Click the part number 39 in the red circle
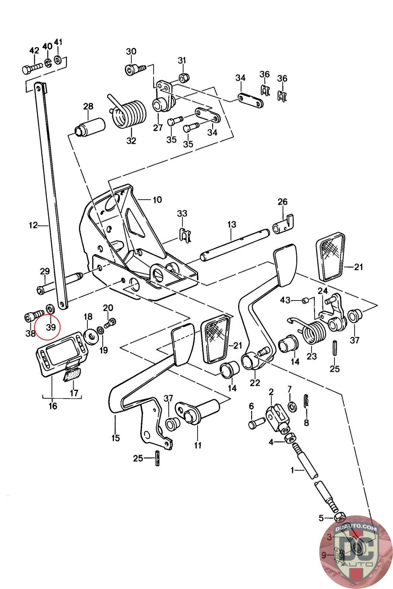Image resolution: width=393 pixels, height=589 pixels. [51, 327]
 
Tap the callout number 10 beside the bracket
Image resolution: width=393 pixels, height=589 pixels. [157, 200]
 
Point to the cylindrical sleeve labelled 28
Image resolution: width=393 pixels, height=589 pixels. [90, 127]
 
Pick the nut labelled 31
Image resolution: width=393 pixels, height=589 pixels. [183, 78]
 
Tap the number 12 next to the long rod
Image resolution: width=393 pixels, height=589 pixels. [33, 225]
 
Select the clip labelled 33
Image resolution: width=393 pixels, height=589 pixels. [186, 234]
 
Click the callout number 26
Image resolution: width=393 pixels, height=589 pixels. [283, 202]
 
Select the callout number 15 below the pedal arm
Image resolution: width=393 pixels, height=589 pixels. [116, 438]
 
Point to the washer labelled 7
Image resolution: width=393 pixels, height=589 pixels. [292, 407]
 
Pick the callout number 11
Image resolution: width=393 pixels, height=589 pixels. [198, 445]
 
